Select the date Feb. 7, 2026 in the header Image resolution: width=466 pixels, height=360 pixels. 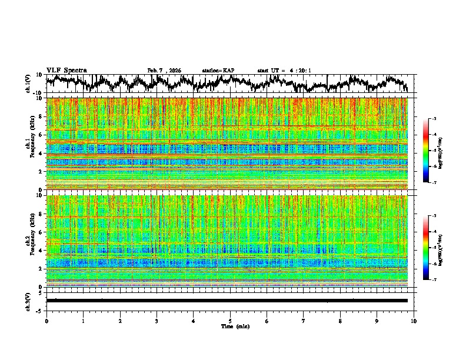tap(164, 71)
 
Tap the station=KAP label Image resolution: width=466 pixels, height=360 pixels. tap(218, 71)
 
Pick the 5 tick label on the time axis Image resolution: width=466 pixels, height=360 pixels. tap(230, 321)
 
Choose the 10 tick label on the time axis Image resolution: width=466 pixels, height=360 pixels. tap(414, 321)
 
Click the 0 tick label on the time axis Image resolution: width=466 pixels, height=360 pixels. tap(46, 321)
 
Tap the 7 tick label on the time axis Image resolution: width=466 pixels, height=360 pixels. tap(304, 321)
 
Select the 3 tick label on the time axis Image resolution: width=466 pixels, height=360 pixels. tap(157, 321)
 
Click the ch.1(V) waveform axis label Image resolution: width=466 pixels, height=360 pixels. tap(29, 84)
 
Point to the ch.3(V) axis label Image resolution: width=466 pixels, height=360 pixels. tap(29, 300)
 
